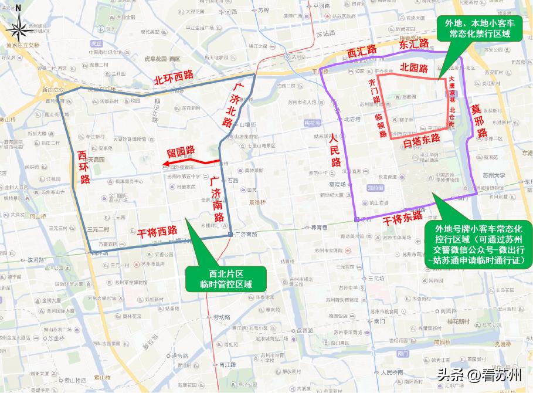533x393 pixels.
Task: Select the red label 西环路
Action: [84, 167]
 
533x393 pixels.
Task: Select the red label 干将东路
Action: [403, 216]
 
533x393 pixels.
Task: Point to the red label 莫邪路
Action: [480, 123]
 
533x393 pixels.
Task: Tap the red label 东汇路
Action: [414, 45]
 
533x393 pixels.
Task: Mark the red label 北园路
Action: [414, 67]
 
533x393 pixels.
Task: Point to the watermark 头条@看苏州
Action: [480, 375]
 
